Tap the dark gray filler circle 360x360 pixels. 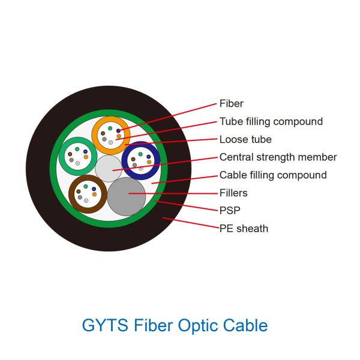[127, 196]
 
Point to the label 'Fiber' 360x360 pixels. [231, 104]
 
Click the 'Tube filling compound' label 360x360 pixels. [271, 121]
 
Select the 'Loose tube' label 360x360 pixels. [245, 139]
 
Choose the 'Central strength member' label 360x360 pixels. [278, 157]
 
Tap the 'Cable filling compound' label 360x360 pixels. [273, 175]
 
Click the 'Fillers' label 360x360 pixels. [233, 193]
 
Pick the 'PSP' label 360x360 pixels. [229, 211]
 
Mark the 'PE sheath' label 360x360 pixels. [244, 229]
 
